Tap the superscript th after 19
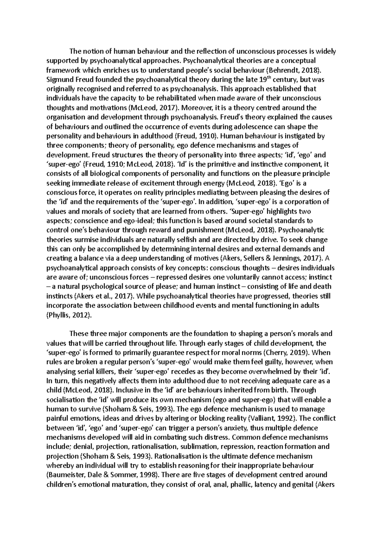tap(276, 77)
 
